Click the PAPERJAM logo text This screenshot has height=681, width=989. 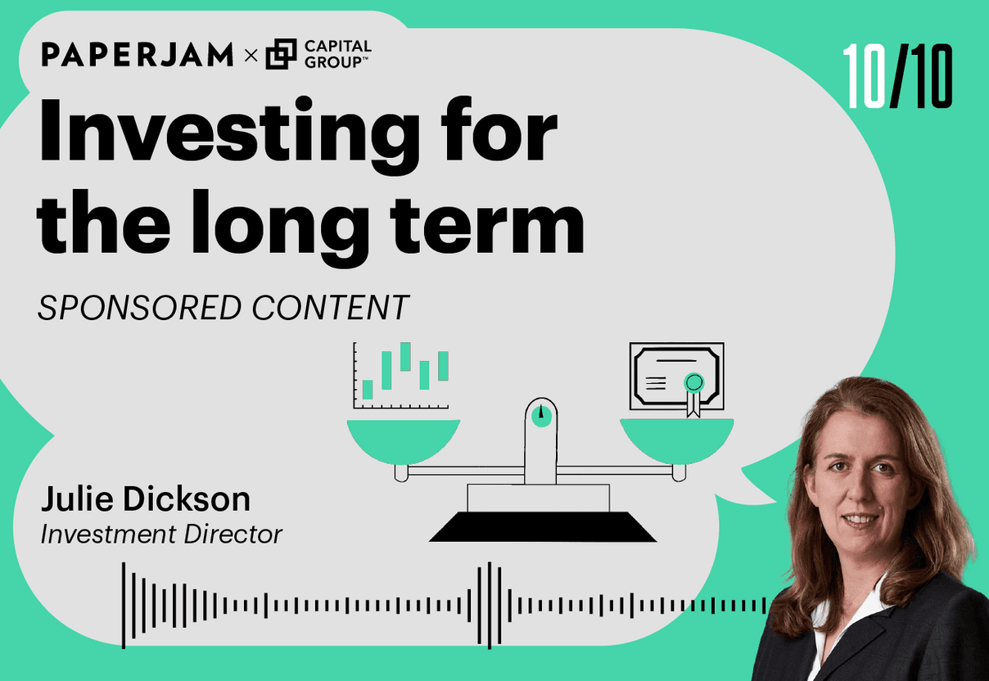[138, 54]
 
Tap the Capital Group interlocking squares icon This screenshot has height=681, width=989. [281, 54]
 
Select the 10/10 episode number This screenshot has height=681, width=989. [897, 76]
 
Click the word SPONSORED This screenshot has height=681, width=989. [139, 308]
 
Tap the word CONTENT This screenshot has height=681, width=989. [330, 308]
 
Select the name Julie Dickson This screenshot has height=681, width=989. [146, 498]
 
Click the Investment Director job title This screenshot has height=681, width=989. [161, 534]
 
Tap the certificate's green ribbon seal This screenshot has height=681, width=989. [693, 393]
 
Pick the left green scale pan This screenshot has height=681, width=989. [404, 441]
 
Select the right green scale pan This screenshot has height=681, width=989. [677, 441]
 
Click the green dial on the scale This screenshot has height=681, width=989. [541, 417]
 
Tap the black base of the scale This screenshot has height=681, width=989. [543, 526]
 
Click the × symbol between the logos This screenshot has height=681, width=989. [251, 56]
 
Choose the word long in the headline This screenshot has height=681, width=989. [280, 228]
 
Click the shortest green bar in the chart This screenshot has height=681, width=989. [368, 390]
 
